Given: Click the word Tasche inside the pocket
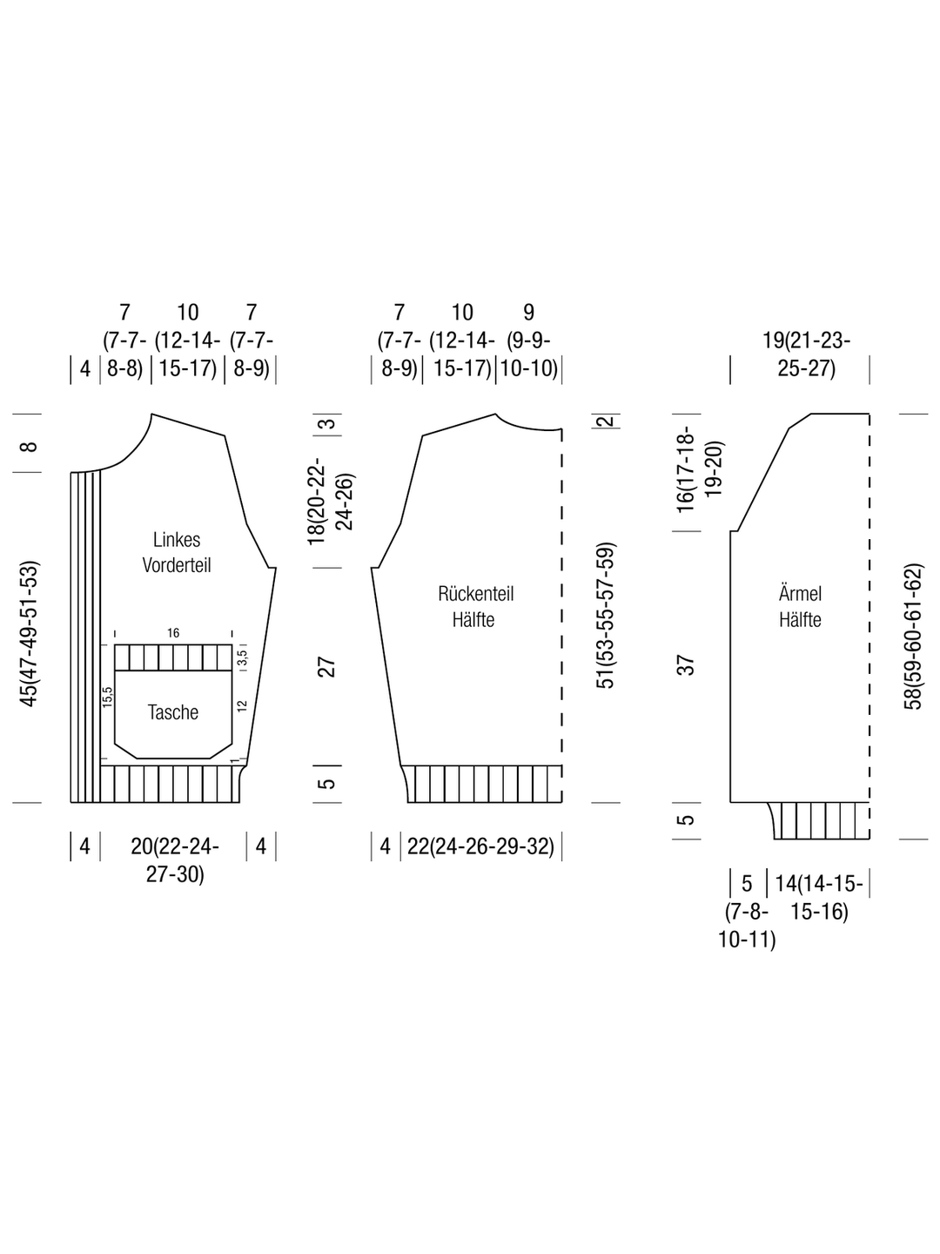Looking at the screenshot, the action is tap(173, 712).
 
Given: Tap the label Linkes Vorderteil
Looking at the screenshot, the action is tap(177, 552).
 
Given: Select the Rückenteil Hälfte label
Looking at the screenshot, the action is tap(475, 607).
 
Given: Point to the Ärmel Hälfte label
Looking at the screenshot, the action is tap(800, 607).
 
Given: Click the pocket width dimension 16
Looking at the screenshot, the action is tap(173, 632).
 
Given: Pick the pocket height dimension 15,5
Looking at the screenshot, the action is tap(108, 697).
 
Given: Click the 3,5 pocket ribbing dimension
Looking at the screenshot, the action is tap(243, 657).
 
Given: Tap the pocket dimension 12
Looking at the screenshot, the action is tap(243, 705).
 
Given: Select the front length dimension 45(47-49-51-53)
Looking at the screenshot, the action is tap(29, 634).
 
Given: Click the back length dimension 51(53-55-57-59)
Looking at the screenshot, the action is tap(605, 616).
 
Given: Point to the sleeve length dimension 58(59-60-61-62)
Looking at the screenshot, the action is tap(913, 637).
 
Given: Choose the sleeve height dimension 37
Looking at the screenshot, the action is tap(686, 665).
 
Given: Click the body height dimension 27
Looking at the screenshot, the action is tap(326, 667).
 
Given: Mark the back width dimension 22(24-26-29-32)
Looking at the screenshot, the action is tap(480, 846).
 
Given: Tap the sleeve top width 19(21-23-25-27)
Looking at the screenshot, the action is tap(807, 354).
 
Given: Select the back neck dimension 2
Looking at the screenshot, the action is tap(606, 421).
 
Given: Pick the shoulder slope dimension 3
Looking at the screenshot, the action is tap(329, 424).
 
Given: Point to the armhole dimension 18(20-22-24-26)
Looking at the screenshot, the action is tap(331, 501).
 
